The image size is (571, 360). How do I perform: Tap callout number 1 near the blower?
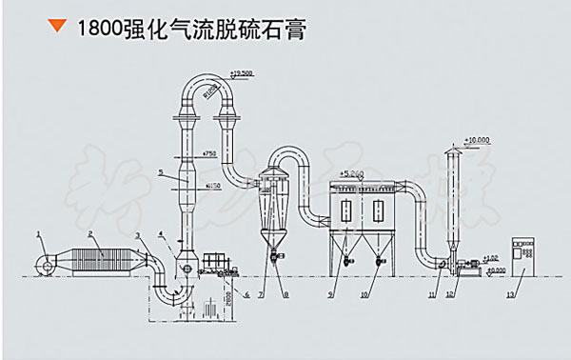coord(39,233)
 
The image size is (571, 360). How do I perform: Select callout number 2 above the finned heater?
coord(89,233)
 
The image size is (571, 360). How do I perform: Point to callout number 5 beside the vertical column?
coord(161,174)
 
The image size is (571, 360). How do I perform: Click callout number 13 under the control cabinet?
coord(512,298)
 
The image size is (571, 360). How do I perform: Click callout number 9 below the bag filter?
coord(331,296)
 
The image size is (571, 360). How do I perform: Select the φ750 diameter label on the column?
coord(210,153)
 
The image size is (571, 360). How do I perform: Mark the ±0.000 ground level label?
coord(495,270)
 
